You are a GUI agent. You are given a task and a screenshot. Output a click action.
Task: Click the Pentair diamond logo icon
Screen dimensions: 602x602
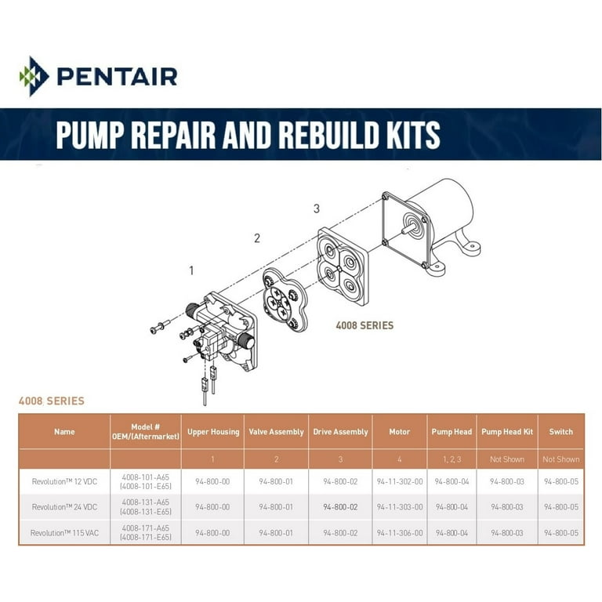(34, 76)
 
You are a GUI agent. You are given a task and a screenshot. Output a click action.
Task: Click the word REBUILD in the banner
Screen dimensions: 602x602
(329, 135)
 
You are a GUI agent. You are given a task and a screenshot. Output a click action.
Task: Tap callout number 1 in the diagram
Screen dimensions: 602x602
(191, 271)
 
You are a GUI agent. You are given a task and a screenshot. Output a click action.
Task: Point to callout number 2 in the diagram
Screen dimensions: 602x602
(257, 238)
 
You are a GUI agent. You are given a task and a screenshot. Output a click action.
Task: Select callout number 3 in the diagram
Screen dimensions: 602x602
(317, 209)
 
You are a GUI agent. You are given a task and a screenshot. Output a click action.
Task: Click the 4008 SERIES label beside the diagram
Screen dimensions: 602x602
(364, 325)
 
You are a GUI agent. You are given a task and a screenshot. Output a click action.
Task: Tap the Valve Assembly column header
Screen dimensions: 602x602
(276, 432)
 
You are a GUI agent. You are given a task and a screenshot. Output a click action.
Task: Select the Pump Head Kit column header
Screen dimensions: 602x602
(507, 432)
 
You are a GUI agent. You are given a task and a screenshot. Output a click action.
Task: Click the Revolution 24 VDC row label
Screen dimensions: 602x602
(64, 507)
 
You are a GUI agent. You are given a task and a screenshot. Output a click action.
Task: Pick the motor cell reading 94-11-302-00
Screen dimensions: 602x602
(400, 481)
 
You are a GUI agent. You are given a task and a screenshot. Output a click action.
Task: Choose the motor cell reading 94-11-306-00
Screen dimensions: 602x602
(400, 533)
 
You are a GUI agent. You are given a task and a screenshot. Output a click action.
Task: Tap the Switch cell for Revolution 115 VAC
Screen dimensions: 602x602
(561, 533)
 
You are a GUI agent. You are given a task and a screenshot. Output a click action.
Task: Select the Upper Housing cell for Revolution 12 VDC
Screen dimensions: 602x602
(212, 481)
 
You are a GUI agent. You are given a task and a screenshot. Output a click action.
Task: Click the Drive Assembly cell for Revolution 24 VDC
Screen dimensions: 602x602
(340, 507)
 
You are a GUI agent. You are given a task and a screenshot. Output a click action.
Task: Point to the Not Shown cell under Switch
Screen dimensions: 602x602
(561, 459)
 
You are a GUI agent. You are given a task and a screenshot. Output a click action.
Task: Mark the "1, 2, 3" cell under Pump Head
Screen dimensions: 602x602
(451, 459)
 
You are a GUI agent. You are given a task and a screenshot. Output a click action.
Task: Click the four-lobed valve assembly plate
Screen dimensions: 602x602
(285, 300)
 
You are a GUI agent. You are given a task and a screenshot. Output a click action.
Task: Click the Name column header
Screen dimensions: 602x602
(64, 432)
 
